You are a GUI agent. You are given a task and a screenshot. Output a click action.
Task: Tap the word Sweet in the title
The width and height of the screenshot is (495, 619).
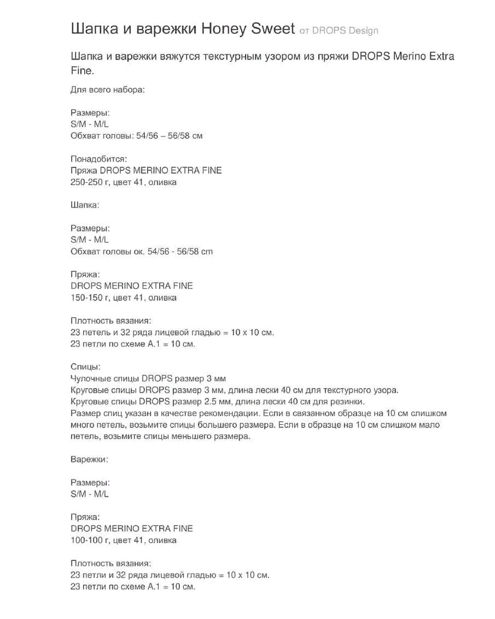(273, 29)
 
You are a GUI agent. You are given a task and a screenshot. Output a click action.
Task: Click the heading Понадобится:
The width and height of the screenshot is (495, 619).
(99, 159)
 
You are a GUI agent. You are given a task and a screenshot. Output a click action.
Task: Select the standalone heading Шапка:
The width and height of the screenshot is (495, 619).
(85, 205)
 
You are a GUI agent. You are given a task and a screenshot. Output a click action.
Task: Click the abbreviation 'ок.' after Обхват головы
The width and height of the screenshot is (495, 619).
(139, 252)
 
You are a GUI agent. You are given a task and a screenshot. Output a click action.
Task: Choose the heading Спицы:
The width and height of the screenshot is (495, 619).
(85, 367)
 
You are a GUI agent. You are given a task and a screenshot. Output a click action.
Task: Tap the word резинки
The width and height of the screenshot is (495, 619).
(349, 402)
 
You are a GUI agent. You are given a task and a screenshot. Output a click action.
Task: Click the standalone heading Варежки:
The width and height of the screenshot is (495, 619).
(89, 460)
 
